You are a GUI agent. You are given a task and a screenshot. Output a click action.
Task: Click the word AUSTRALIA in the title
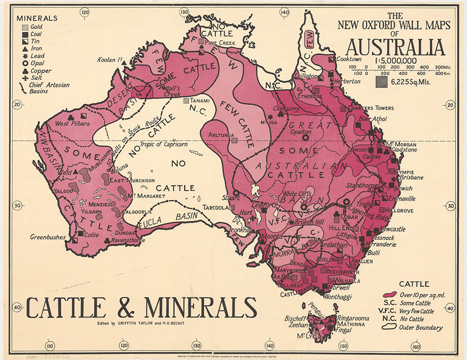395,47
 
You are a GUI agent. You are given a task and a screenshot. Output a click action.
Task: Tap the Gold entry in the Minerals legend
36,26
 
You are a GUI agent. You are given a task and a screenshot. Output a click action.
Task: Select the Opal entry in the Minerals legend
37,64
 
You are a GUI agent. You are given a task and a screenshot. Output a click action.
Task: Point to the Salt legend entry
36,78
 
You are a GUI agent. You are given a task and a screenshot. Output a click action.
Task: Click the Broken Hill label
312,222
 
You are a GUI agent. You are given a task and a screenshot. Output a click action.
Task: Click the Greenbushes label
48,237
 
